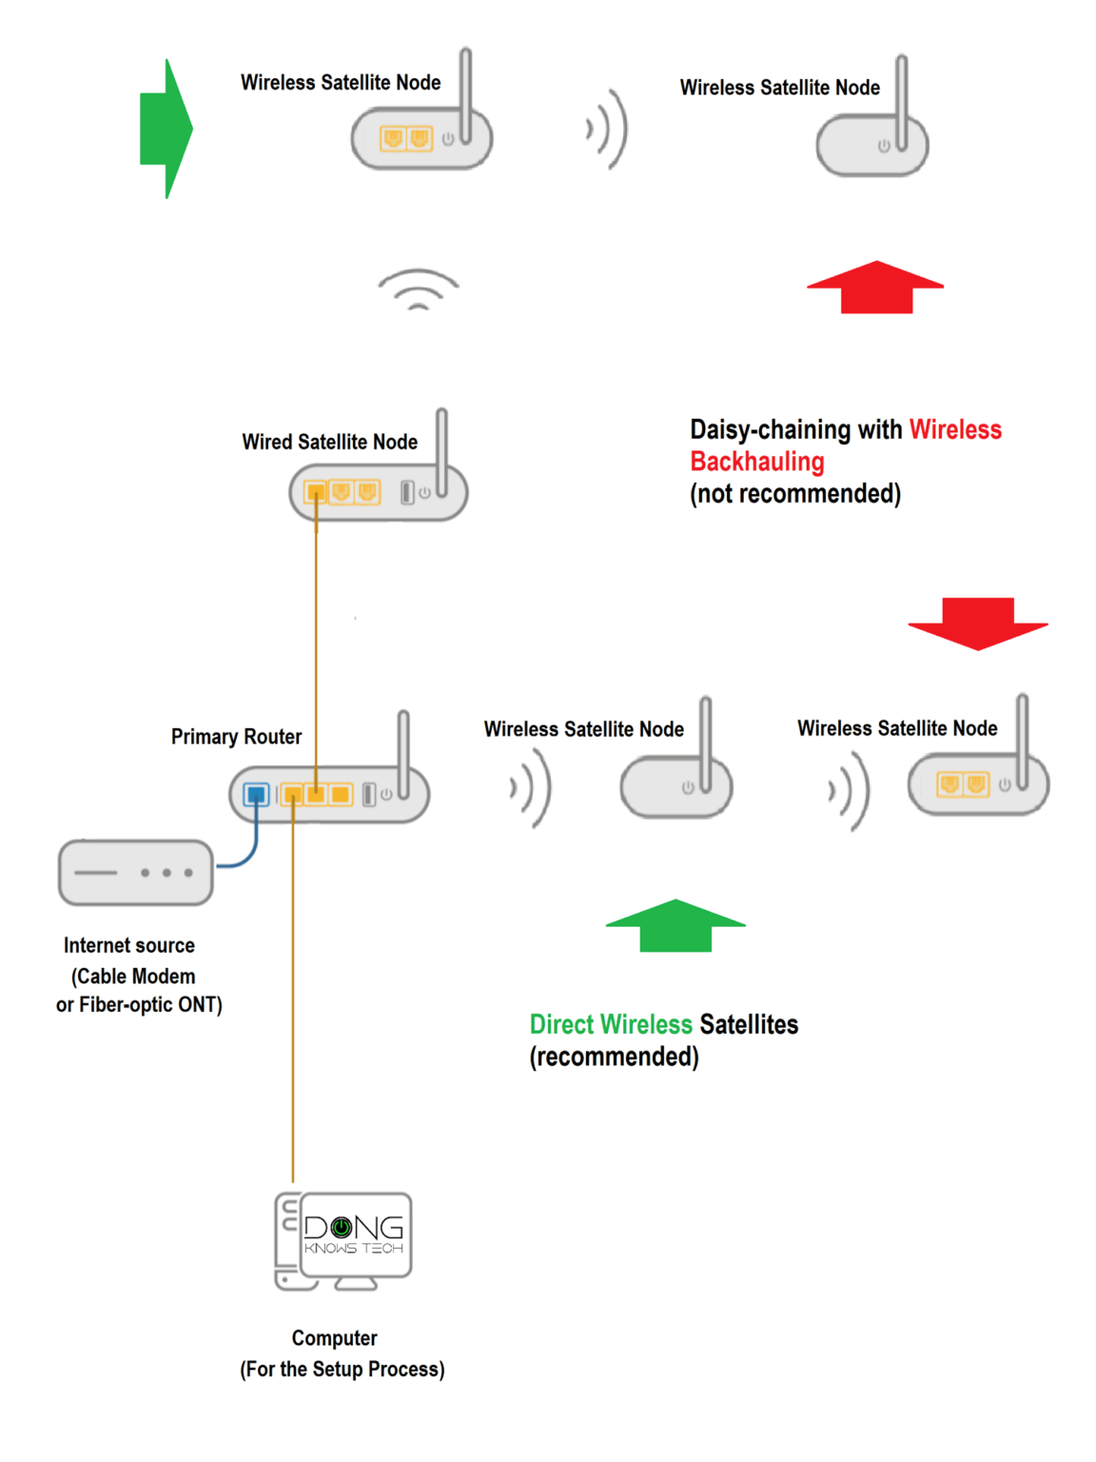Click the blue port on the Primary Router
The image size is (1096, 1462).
256,794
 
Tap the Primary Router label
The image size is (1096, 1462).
236,737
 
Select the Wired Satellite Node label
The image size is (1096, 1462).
329,442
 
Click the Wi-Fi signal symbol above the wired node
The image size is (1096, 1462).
418,290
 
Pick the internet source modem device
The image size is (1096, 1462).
135,872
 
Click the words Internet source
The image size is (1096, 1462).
129,945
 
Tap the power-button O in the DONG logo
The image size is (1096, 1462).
341,1228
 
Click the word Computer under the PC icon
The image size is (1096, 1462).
334,1338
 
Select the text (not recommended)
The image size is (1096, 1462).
794,494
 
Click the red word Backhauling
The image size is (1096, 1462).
757,462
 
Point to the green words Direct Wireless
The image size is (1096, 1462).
611,1024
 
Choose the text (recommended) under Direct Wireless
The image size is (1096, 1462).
614,1057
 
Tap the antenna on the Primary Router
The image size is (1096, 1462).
403,752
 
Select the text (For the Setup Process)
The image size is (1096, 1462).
342,1369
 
